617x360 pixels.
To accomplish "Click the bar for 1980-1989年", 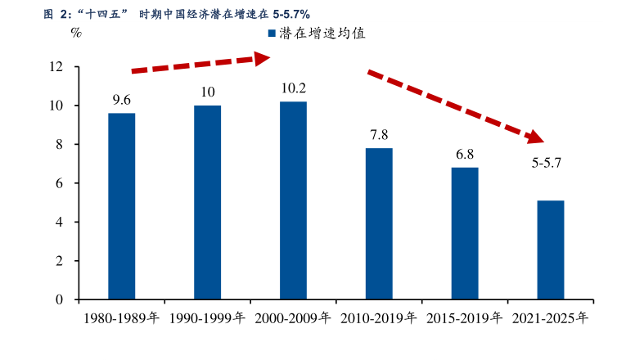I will (x=121, y=206).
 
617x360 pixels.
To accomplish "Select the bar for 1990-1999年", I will (x=207, y=202).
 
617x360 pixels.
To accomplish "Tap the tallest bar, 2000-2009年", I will (x=293, y=200).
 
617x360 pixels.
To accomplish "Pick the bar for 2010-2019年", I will (x=379, y=223).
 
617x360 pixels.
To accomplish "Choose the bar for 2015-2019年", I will (x=465, y=233).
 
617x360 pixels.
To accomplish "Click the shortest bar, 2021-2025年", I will (x=551, y=250).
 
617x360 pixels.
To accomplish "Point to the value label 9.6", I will (x=121, y=100).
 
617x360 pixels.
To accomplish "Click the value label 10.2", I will (x=293, y=88).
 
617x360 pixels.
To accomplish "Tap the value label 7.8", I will (x=379, y=135).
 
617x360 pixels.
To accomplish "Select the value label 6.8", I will (x=465, y=154).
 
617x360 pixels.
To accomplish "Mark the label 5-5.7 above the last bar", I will (x=546, y=163).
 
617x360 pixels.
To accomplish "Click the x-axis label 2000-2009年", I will (x=293, y=319).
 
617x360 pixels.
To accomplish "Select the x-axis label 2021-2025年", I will (x=550, y=319).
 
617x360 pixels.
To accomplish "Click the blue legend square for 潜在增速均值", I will (x=272, y=34).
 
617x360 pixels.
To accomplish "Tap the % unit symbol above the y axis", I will (x=75, y=34).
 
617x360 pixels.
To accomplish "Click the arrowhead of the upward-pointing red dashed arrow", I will (x=261, y=57).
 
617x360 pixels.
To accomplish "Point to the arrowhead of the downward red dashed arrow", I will (x=538, y=136).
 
